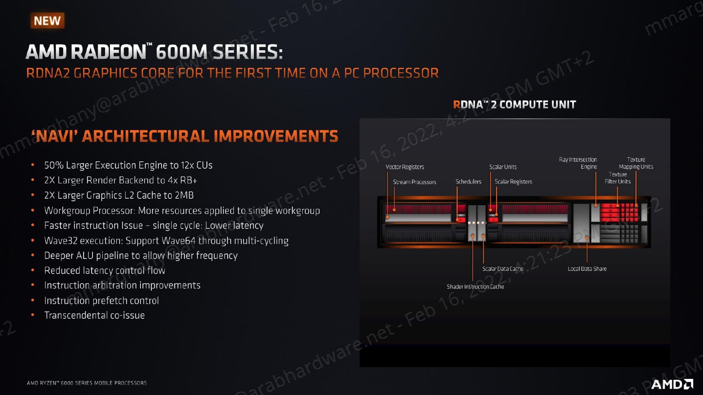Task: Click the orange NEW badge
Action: pyautogui.click(x=48, y=20)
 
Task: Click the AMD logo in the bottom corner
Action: pyautogui.click(x=672, y=384)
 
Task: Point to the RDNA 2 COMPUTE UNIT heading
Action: pyautogui.click(x=514, y=105)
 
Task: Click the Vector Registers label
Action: pyautogui.click(x=405, y=167)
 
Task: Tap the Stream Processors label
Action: pyautogui.click(x=415, y=182)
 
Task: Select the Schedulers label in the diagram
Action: pyautogui.click(x=468, y=182)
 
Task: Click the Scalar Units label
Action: pyautogui.click(x=503, y=167)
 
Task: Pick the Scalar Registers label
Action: pyautogui.click(x=513, y=182)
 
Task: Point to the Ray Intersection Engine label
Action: pyautogui.click(x=578, y=163)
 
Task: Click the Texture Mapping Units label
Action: pyautogui.click(x=636, y=163)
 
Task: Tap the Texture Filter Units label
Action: pyautogui.click(x=618, y=178)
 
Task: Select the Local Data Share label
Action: pyautogui.click(x=587, y=269)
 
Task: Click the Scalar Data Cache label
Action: pyautogui.click(x=503, y=269)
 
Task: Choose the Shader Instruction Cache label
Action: pyautogui.click(x=475, y=287)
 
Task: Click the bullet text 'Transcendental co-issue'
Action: pyautogui.click(x=95, y=315)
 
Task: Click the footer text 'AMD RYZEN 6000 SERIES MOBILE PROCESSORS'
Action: pyautogui.click(x=87, y=383)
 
